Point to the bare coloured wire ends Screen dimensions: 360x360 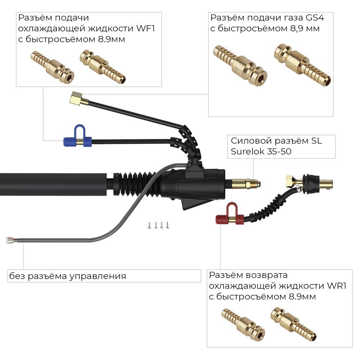coord(10,240)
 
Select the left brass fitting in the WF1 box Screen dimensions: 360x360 coord(52,67)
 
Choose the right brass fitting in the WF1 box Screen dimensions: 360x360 coord(103,67)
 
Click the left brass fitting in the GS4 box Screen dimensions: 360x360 coord(240,64)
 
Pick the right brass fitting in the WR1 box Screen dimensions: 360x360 coord(293,324)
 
